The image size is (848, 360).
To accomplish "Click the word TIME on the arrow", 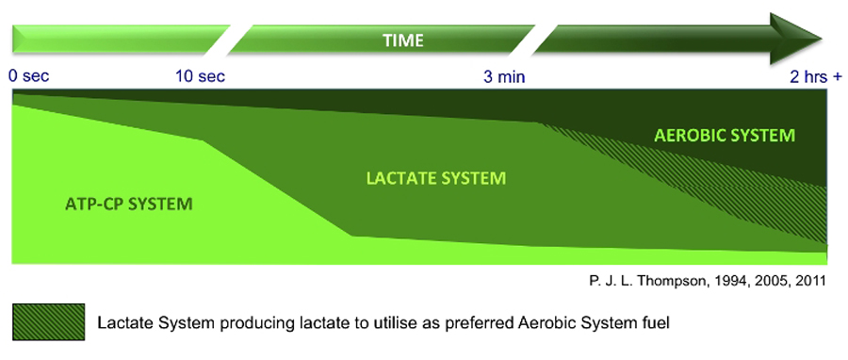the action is (403, 40).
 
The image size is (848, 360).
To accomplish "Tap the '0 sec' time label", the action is (28, 76).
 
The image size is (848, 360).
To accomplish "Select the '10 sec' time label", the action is (200, 76).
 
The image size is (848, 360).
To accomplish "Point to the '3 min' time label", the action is (504, 76).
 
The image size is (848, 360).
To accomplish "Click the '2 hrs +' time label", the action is (816, 76).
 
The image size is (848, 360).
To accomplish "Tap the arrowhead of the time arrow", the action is (795, 39).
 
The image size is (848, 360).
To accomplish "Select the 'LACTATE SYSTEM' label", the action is (435, 178).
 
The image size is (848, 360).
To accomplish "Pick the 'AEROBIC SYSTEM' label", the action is (725, 135).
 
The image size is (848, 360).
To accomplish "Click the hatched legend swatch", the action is (48, 322).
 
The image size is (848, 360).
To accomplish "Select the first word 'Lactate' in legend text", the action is (119, 323).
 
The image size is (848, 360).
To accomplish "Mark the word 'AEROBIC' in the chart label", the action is (690, 135).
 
